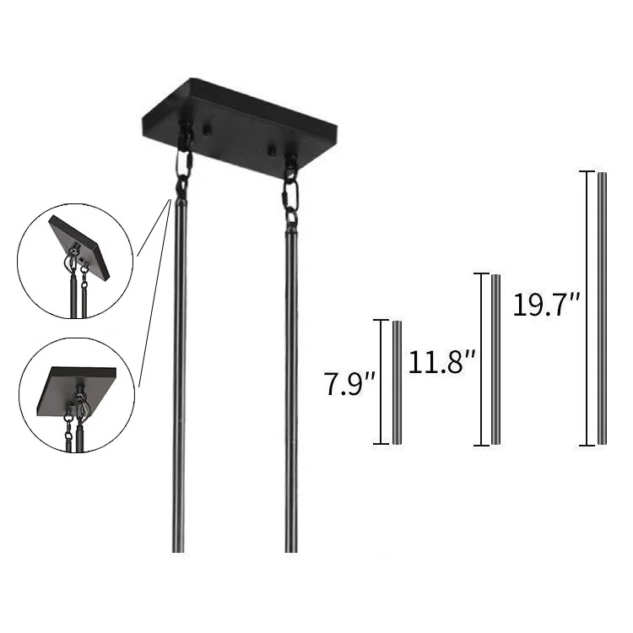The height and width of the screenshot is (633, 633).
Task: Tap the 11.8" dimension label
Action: [x=442, y=362]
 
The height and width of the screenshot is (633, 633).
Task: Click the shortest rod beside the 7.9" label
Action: [x=397, y=382]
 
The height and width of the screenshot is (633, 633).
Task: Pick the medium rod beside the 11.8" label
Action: [x=495, y=360]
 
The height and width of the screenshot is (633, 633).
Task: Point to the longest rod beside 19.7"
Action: [x=602, y=309]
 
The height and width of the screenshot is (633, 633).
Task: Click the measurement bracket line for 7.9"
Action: [x=381, y=381]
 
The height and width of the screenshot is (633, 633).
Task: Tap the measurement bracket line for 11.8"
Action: [x=481, y=360]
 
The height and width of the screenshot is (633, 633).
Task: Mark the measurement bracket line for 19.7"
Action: [x=587, y=308]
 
